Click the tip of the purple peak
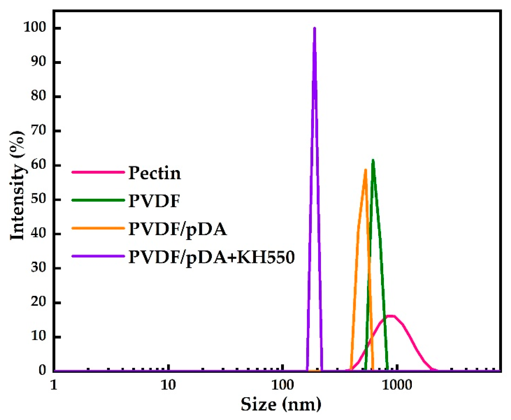coord(314,28)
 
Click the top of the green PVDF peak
coord(373,160)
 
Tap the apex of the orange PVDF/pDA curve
coord(365,170)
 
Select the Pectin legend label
coord(155,173)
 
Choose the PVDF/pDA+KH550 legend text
coord(211,257)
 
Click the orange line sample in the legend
coord(98,228)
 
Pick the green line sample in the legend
coord(98,200)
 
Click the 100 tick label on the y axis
coord(35,27)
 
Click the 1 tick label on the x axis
coord(54,385)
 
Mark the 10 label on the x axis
coord(168,385)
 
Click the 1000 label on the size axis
coord(397,385)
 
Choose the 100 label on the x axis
coord(282,385)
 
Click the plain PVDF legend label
coord(154,201)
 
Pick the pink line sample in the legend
coord(98,172)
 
